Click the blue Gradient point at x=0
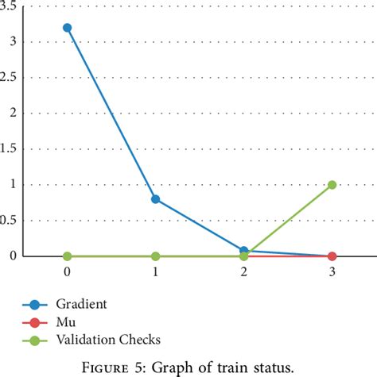pyautogui.click(x=68, y=28)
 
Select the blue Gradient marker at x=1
pyautogui.click(x=156, y=199)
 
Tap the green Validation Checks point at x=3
pyautogui.click(x=332, y=185)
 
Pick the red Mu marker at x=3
pyautogui.click(x=332, y=256)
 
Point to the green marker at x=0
pyautogui.click(x=68, y=256)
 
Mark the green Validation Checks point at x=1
pyautogui.click(x=156, y=256)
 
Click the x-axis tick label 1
pyautogui.click(x=156, y=271)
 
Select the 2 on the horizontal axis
pyautogui.click(x=244, y=271)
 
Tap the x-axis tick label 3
pyautogui.click(x=332, y=271)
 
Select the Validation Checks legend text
pyautogui.click(x=108, y=340)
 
